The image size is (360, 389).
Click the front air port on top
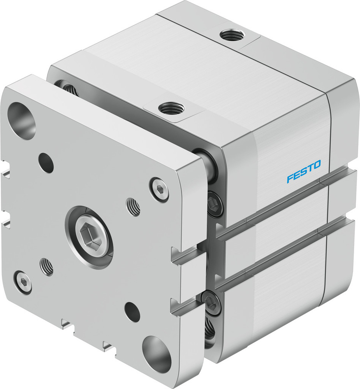click(x=170, y=106)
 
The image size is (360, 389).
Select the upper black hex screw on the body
click(x=215, y=204)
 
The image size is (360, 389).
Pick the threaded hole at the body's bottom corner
click(x=210, y=331)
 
